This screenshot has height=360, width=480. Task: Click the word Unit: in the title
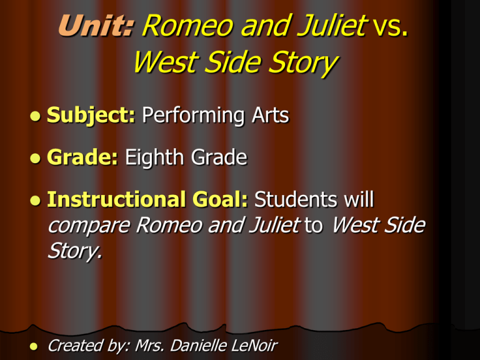click(x=96, y=26)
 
